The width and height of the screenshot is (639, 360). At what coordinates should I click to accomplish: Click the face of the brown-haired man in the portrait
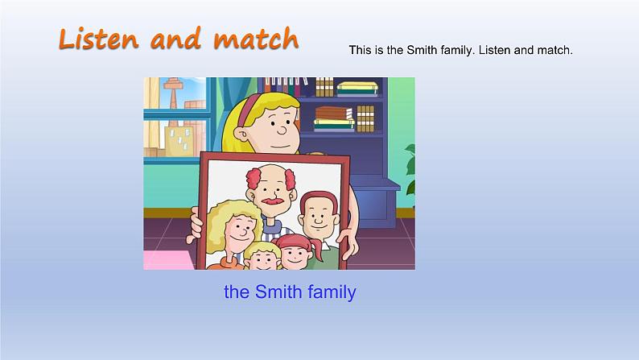point(315,215)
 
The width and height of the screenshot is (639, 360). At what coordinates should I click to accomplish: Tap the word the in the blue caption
point(237,292)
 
